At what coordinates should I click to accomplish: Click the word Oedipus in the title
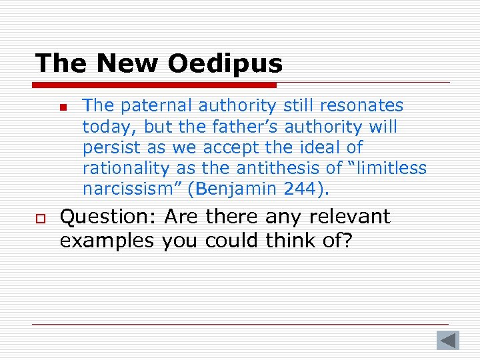coord(225,64)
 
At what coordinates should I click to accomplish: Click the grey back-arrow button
coord(448,340)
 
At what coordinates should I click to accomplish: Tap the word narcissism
coord(133,189)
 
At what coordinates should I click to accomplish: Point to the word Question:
coord(107,217)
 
